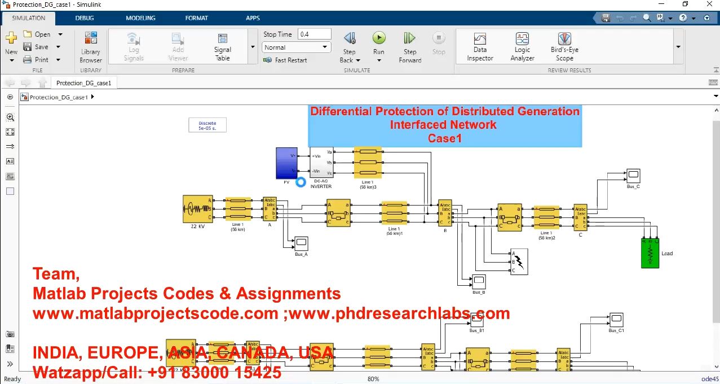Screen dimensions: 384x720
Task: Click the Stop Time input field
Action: pos(314,34)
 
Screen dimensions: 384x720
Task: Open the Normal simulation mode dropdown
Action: pos(296,47)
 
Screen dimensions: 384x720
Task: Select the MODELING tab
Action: pos(140,18)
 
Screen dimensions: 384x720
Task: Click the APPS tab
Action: pos(253,18)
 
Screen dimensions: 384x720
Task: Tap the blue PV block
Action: pos(286,163)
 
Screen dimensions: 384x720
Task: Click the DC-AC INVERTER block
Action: pos(321,163)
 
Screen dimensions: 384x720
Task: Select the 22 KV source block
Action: pos(197,209)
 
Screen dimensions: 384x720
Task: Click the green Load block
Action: pos(650,253)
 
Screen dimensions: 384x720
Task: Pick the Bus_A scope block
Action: pos(301,243)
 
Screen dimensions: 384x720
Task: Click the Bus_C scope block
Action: pos(633,174)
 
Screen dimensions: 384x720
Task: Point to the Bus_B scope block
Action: pos(479,281)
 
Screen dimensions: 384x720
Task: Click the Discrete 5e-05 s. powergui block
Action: pos(207,125)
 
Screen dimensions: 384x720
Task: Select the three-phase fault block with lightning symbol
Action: pos(519,261)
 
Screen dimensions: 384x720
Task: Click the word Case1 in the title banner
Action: pos(445,138)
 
